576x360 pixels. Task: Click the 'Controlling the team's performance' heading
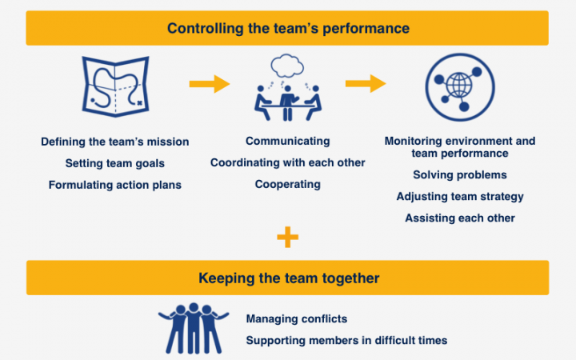[x=288, y=28]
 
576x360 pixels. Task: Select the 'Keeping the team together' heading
[x=288, y=278]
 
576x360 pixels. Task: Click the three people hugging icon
[x=193, y=327]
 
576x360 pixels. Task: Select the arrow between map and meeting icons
[x=209, y=83]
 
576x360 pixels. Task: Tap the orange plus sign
[x=287, y=237]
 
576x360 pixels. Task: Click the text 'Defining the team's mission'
[x=115, y=142]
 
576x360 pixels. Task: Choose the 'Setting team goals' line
[x=115, y=163]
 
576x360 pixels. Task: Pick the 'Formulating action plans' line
[x=115, y=185]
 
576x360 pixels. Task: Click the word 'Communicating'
[x=288, y=141]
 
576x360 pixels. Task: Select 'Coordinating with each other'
[x=288, y=162]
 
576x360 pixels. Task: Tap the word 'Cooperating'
[x=288, y=184]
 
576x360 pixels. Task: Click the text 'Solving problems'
[x=460, y=174]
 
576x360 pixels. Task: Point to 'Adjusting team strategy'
[x=460, y=196]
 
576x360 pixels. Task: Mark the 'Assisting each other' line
[x=460, y=218]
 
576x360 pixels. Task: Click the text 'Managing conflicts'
[x=297, y=319]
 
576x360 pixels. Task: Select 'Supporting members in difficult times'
[x=346, y=340]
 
